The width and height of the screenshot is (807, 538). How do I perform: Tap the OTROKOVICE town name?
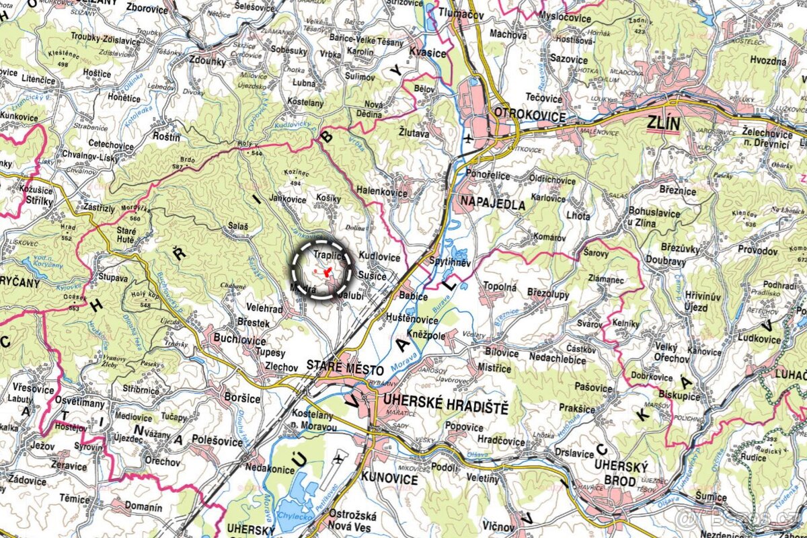[x=529, y=115]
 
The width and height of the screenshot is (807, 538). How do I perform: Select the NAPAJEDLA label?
[x=492, y=205]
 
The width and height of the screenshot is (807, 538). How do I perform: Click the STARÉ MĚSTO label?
[x=344, y=370]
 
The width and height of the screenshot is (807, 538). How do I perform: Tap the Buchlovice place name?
[x=240, y=339]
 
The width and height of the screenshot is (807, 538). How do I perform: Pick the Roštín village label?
[x=167, y=137]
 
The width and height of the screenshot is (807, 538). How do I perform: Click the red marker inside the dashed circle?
[x=325, y=273]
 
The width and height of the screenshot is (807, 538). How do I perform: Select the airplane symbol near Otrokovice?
[x=469, y=139]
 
